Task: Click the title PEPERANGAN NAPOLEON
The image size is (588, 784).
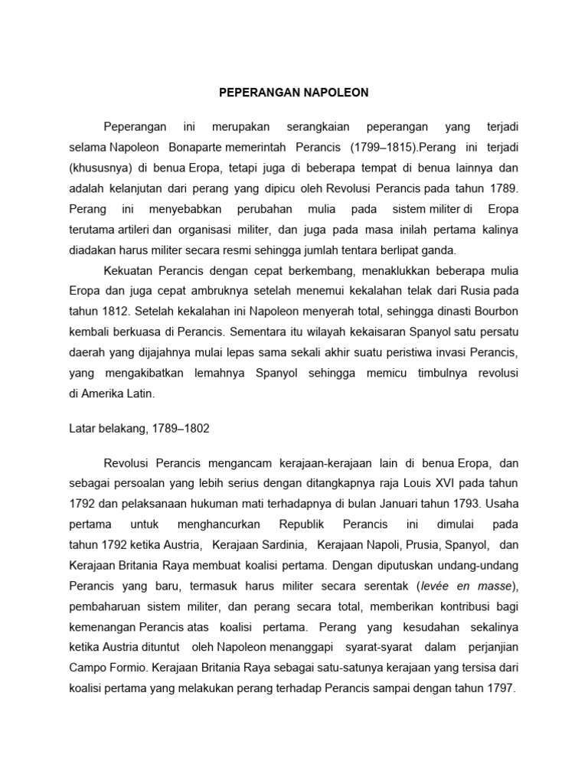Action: (294, 93)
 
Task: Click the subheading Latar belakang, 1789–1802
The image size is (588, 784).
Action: (139, 430)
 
